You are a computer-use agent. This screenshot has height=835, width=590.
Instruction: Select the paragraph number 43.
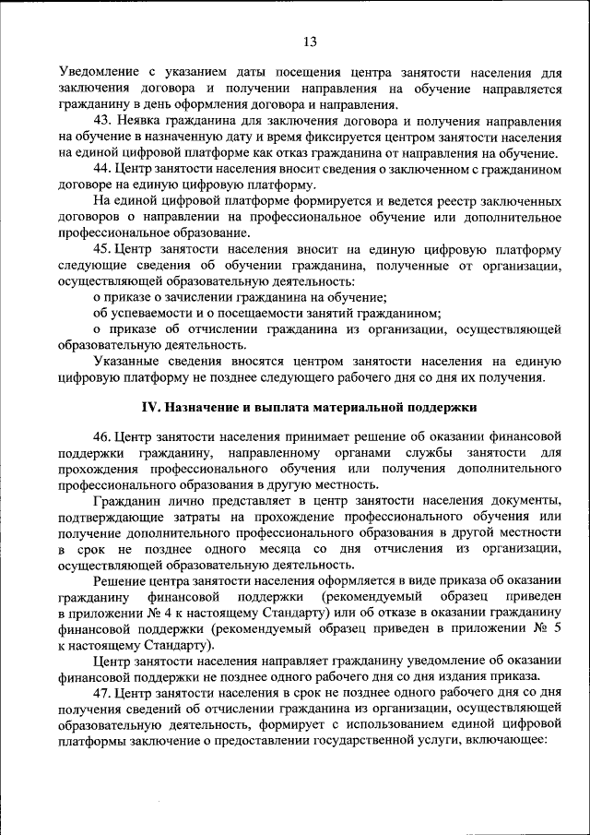pyautogui.click(x=102, y=121)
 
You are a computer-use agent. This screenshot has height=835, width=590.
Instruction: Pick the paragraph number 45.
pyautogui.click(x=102, y=249)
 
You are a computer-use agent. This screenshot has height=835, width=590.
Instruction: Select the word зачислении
pyautogui.click(x=201, y=297)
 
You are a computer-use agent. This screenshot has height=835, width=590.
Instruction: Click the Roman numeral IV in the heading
pyautogui.click(x=151, y=408)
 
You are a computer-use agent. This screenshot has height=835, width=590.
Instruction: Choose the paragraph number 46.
pyautogui.click(x=102, y=437)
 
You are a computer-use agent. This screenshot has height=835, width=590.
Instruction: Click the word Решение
pyautogui.click(x=122, y=580)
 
